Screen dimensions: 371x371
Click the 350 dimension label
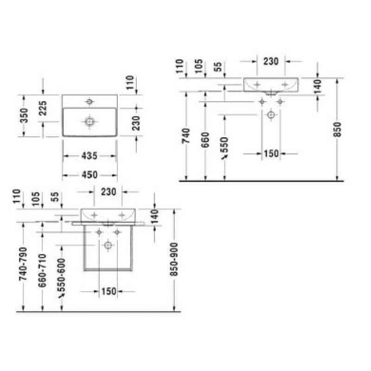[x=24, y=115]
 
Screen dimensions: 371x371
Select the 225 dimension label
[x=43, y=108]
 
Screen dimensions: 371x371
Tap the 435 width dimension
[x=90, y=156]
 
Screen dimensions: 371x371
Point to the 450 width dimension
[x=90, y=175]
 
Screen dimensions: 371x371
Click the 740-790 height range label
[x=23, y=264]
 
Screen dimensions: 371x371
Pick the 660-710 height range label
[x=42, y=270]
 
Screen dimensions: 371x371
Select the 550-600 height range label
[x=61, y=275]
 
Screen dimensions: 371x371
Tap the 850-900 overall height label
[x=174, y=259]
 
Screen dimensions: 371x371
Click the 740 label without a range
[x=186, y=135]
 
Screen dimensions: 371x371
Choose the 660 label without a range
[x=205, y=140]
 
